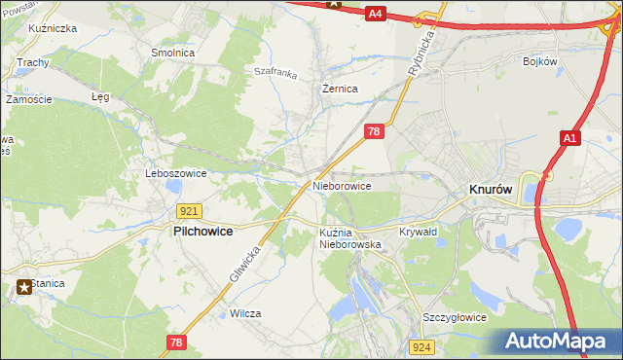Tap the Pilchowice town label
205,233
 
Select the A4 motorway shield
377,14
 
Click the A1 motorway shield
570,140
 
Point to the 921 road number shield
190,211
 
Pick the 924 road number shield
421,346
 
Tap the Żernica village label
341,89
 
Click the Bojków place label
538,61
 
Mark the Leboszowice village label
175,173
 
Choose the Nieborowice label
342,185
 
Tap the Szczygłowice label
454,317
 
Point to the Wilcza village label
245,313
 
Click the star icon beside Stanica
21,286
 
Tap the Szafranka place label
275,71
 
